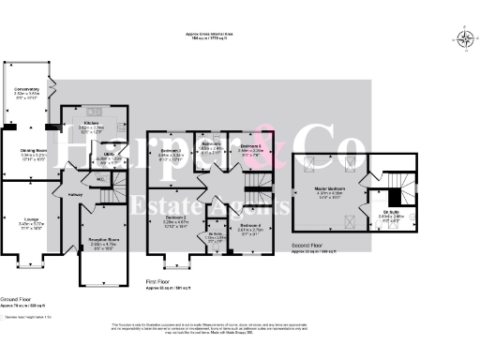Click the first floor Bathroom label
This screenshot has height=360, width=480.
pyautogui.click(x=211, y=143)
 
